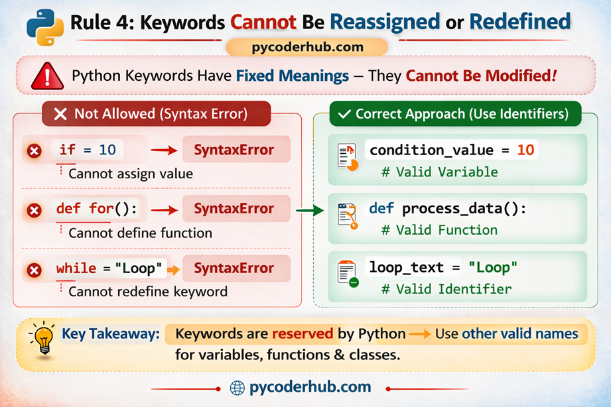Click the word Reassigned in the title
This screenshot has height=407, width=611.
point(385,21)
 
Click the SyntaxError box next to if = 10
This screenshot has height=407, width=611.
point(234,150)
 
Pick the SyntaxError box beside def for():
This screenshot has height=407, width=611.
point(234,209)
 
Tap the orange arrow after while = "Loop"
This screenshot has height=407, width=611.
point(173,269)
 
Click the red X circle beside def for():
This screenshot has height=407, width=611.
point(34,211)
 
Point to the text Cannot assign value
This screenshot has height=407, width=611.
point(130,174)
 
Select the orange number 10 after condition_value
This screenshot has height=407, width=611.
point(525,150)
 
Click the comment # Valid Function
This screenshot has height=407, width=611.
point(439,230)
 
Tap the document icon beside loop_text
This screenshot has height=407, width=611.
point(348,273)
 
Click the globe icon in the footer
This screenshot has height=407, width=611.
point(237,388)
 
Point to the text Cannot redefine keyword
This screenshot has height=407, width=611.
point(147,292)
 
